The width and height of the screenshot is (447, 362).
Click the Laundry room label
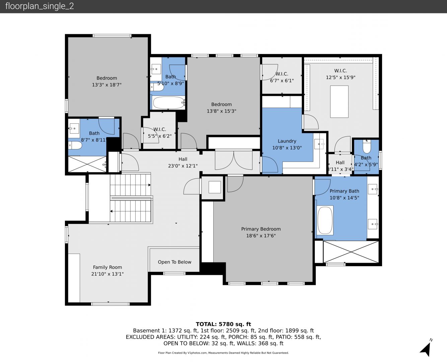[x=287, y=141]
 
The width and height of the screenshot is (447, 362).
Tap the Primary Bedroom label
[x=261, y=229]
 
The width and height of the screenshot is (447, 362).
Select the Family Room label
[x=107, y=267]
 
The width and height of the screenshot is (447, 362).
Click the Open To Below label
[x=174, y=262]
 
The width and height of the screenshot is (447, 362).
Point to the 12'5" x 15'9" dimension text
[x=341, y=77]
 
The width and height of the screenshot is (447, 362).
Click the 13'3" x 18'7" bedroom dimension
[x=107, y=85]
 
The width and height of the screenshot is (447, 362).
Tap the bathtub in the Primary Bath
[x=325, y=220]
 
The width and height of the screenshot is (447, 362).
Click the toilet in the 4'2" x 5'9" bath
[x=367, y=146]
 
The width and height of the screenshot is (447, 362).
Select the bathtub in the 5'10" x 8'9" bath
[x=168, y=103]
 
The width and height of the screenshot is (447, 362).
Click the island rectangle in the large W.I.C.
[x=339, y=102]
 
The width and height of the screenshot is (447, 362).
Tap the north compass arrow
[x=426, y=349]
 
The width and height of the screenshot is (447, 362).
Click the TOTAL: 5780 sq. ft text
[x=223, y=324]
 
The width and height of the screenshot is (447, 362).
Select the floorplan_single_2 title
[x=40, y=6]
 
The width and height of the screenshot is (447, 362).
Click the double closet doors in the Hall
[x=234, y=160]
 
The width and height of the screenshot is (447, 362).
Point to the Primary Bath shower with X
[x=351, y=252]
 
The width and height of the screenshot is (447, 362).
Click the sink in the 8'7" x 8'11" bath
[x=74, y=128]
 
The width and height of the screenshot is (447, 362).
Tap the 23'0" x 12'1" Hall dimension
[x=183, y=166]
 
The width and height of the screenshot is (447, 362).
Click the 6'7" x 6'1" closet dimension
[x=282, y=81]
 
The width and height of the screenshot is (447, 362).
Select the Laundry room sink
[x=319, y=144]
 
